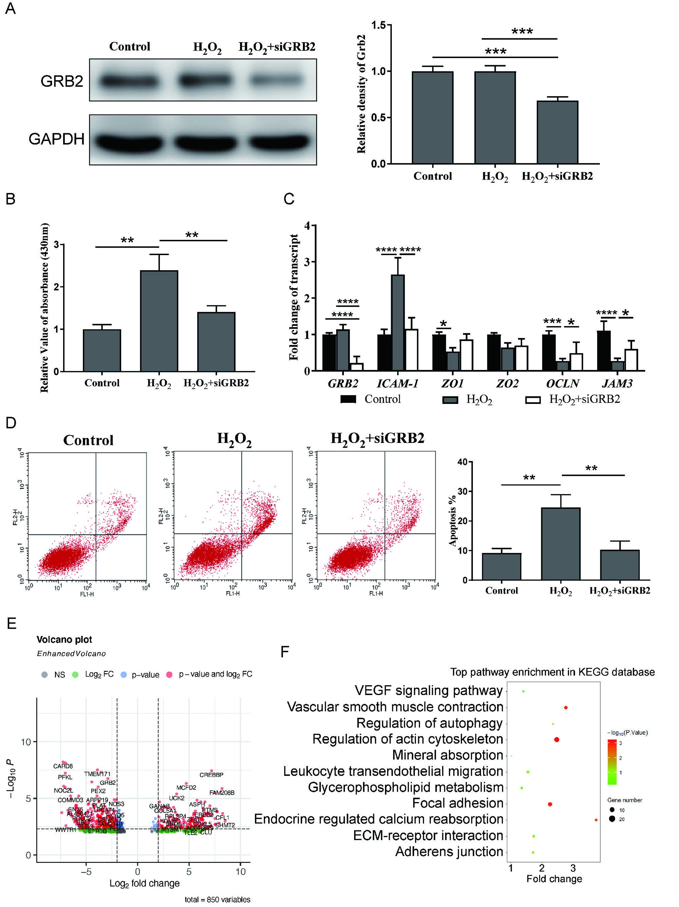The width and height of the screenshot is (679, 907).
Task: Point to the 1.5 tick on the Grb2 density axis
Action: pos(378,25)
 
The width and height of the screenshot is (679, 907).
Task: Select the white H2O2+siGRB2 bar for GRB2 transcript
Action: pos(357,367)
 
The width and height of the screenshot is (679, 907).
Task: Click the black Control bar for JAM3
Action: pos(604,351)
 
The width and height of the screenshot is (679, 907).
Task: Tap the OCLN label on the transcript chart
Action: pos(562,384)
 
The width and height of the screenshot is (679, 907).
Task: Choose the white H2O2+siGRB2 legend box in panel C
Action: pos(533,400)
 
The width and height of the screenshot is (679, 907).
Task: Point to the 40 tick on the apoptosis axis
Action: pos(462,462)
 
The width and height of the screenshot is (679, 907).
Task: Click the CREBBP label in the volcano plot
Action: pos(211,775)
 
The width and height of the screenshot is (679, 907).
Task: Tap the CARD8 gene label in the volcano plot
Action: pos(63,766)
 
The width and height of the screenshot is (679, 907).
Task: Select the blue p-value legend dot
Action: pos(124,675)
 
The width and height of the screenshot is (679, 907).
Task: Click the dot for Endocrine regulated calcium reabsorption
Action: pos(596,820)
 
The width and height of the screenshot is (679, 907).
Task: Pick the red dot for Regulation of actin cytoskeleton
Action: pos(556,739)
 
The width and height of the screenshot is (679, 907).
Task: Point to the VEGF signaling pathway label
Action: pos(428,691)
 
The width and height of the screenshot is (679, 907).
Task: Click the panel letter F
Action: pos(285,652)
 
